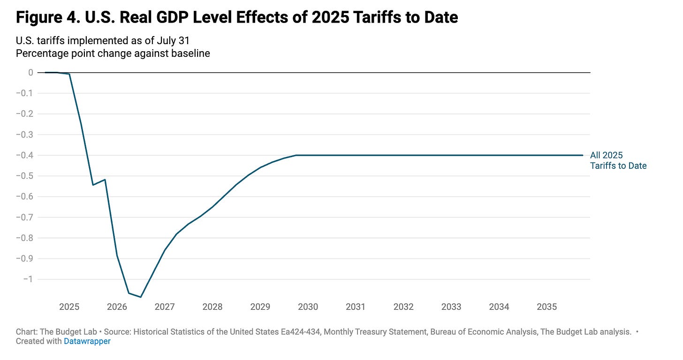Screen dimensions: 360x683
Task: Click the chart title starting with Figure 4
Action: [x=237, y=18]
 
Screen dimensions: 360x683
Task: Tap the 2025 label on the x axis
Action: [x=69, y=307]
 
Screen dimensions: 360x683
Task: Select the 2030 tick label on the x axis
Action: [x=308, y=307]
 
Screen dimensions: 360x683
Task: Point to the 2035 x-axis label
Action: [x=546, y=307]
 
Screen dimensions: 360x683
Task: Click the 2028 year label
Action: [x=212, y=307]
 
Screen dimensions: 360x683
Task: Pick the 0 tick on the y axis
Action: [x=30, y=72]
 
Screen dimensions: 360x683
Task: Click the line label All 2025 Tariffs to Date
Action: [x=618, y=161]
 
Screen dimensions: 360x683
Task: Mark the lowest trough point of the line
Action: [x=141, y=297]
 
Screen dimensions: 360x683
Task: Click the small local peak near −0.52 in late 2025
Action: [x=105, y=180]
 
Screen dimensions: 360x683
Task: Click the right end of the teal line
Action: [x=583, y=155]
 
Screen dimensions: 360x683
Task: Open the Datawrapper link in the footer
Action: [x=87, y=341]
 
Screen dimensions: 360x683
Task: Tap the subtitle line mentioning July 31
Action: [x=103, y=41]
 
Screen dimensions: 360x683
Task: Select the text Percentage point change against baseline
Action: [x=113, y=53]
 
